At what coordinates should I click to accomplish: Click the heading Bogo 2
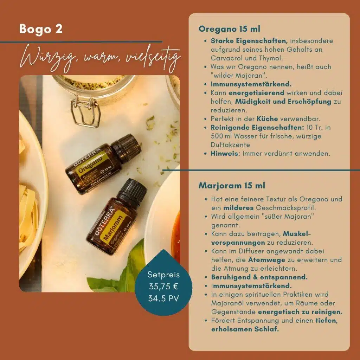41,29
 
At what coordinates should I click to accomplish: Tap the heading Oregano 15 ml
229,29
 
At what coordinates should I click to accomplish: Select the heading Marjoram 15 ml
232,186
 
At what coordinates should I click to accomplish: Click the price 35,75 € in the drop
163,287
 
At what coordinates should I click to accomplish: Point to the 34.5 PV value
163,298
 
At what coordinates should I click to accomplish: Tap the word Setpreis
163,275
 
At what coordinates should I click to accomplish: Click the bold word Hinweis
224,154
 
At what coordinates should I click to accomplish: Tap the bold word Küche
267,119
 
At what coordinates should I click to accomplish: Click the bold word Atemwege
266,260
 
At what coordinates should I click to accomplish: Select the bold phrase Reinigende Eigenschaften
257,127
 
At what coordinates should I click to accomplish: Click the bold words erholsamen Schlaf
245,329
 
